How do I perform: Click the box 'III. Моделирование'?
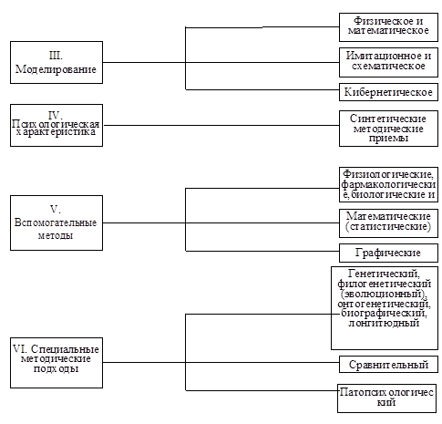click(x=57, y=62)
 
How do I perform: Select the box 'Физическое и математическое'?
click(x=388, y=27)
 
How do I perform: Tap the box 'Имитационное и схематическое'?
click(x=388, y=62)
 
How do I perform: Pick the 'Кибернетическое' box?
click(x=388, y=92)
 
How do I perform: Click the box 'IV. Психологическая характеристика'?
click(x=57, y=125)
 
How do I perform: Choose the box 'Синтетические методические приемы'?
click(x=388, y=129)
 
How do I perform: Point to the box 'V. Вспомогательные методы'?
click(x=57, y=222)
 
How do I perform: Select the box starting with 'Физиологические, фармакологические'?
click(x=388, y=184)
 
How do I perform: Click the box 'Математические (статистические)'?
click(x=388, y=223)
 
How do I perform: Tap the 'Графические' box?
click(x=388, y=253)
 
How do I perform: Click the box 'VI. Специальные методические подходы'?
click(x=57, y=363)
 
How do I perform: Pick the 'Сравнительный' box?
click(x=388, y=364)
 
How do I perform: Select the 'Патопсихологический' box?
click(x=386, y=398)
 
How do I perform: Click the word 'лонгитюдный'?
click(x=384, y=323)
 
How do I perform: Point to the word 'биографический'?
click(x=384, y=313)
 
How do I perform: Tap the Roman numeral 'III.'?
click(x=56, y=56)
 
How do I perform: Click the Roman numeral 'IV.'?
click(x=56, y=116)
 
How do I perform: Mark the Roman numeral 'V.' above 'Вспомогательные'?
click(x=56, y=210)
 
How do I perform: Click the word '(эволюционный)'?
click(x=384, y=294)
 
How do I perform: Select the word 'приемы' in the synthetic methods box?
click(x=388, y=139)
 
